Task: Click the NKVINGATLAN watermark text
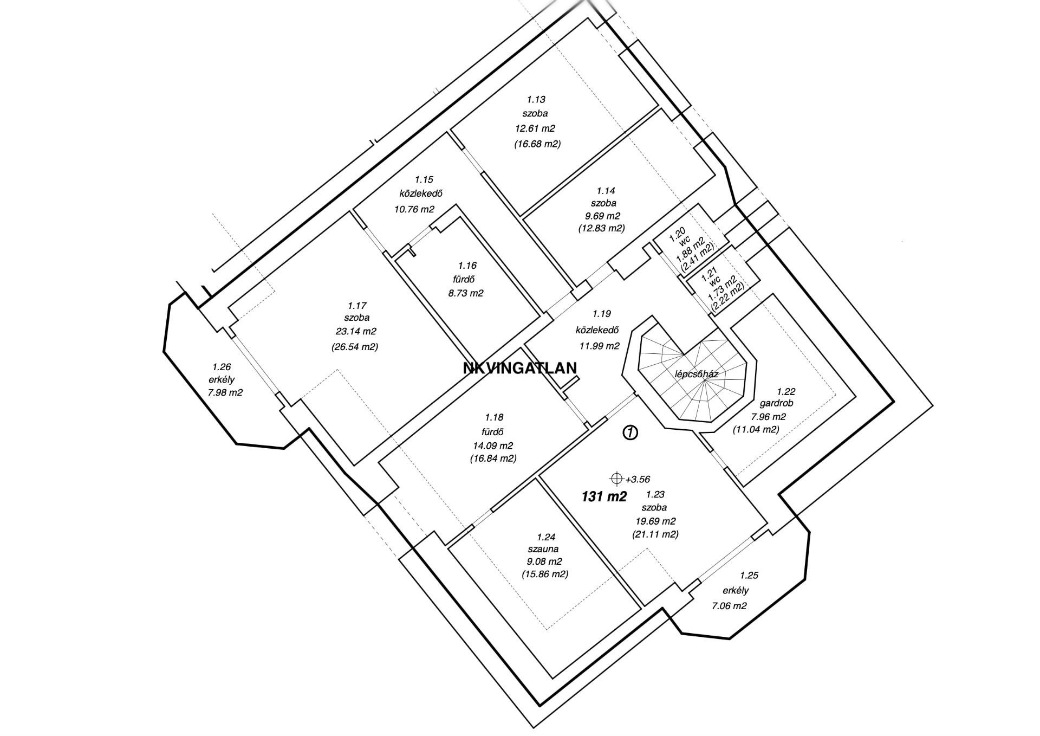pos(520,368)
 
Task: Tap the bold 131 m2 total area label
pos(604,496)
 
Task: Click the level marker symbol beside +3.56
pos(616,479)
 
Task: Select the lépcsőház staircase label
pos(697,374)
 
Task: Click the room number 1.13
pos(536,99)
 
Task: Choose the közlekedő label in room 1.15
pos(421,193)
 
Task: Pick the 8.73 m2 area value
pos(466,293)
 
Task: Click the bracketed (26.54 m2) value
pos(355,347)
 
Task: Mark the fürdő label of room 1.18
pos(494,432)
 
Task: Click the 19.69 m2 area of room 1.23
pos(655,521)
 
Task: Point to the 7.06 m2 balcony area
pos(729,606)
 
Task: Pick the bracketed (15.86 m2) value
pos(545,574)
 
